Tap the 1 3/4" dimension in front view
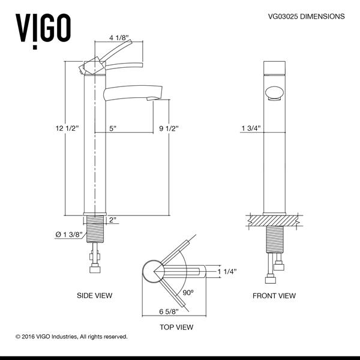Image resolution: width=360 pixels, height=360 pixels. click(250, 128)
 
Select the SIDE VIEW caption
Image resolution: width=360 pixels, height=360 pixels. click(95, 296)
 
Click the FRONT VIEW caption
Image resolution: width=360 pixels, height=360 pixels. click(274, 296)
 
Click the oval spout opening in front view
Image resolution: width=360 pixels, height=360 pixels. click(274, 93)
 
